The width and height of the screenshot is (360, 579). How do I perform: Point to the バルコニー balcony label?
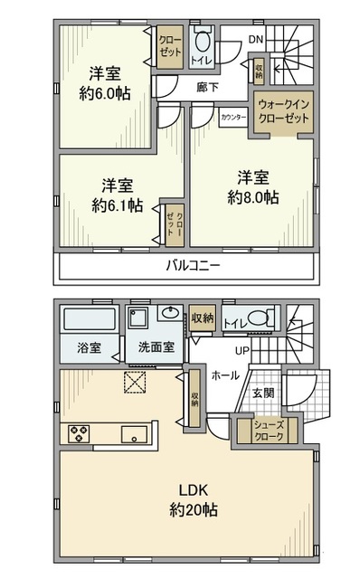(x=194, y=265)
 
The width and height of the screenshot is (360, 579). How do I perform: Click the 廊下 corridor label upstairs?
(x=208, y=87)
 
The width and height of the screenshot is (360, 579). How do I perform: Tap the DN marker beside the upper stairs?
(x=257, y=40)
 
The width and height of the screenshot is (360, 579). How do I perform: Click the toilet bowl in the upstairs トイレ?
(x=201, y=40)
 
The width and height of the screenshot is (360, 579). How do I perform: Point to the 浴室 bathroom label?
(x=76, y=346)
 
